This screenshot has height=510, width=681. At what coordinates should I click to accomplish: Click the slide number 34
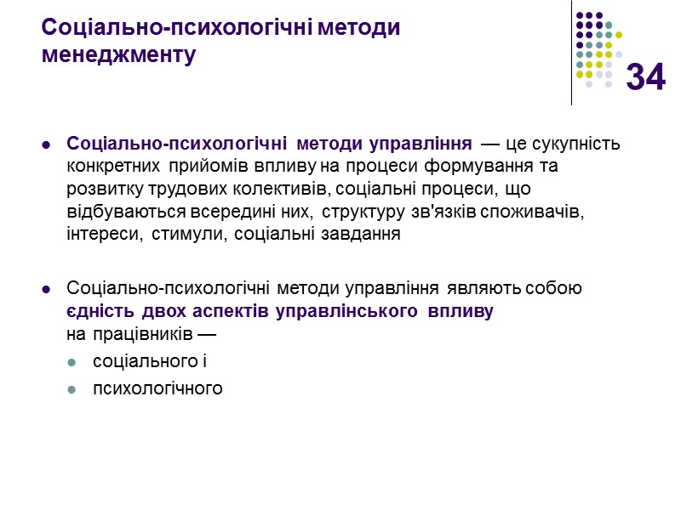[646, 78]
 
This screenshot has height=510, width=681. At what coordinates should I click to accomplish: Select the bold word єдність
[95, 310]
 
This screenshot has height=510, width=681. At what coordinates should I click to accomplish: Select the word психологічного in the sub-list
[157, 388]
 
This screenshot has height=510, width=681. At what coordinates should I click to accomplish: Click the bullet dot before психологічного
[72, 389]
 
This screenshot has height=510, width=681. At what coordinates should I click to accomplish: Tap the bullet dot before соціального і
[72, 362]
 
